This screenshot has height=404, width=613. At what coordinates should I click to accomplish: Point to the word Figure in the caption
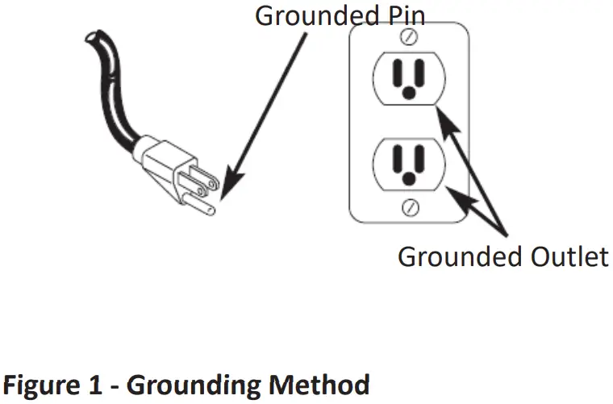coord(48,384)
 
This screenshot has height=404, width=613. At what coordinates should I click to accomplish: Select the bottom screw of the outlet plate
coord(411,206)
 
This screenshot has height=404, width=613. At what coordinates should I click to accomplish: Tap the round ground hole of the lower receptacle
coord(410,177)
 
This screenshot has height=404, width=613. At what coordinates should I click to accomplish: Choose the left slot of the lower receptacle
coord(397,158)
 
